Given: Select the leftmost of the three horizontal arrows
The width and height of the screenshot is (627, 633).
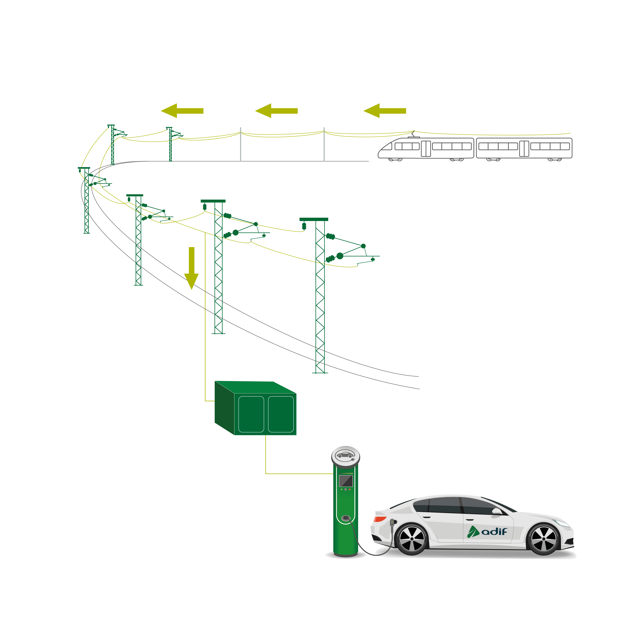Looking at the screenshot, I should click(x=182, y=111).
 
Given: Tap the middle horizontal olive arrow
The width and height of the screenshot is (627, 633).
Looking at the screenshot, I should click(x=276, y=111).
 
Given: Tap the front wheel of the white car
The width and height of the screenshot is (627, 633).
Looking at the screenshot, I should click(x=543, y=539).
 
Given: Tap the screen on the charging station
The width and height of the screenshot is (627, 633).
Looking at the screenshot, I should click(x=346, y=481).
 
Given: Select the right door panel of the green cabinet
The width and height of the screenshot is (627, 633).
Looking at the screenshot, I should click(x=281, y=414).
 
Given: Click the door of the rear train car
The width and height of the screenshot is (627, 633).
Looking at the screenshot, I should click(x=524, y=148).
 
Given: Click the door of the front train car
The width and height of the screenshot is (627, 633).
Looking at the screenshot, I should click(x=426, y=148).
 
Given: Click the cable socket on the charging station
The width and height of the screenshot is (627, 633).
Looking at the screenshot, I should click(x=345, y=518).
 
